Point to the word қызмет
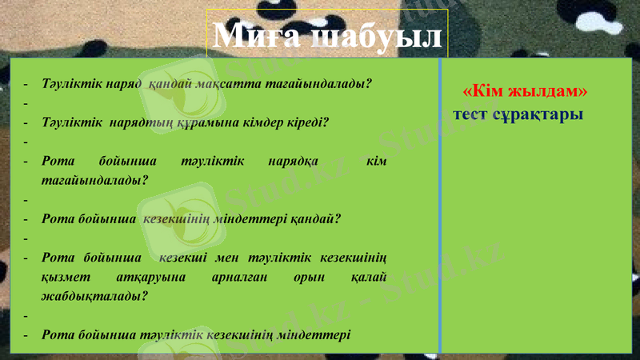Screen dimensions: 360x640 62,276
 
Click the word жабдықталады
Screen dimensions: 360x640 95,294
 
